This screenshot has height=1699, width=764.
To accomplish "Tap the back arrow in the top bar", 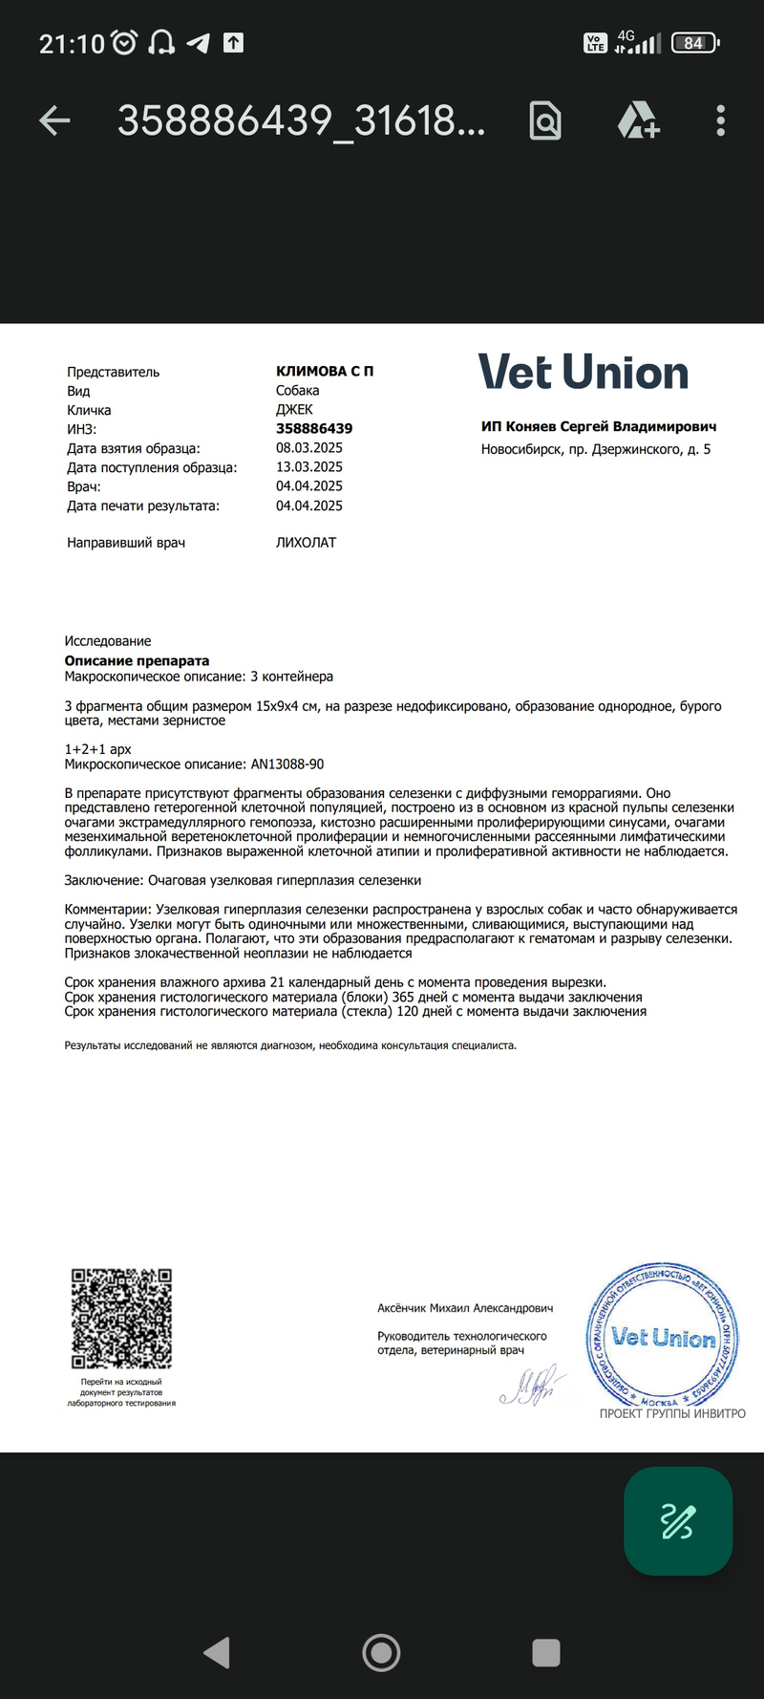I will (55, 120).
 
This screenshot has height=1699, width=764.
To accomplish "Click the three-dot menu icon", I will (720, 120).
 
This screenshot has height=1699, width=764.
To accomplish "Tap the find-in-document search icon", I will (545, 120).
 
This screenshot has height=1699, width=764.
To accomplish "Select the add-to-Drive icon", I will (638, 120).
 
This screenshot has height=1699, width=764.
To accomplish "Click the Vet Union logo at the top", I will (583, 372).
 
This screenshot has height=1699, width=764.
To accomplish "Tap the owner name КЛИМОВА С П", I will (325, 371).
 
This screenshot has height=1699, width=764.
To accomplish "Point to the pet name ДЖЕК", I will (294, 409).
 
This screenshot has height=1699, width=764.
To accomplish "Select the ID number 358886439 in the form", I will (314, 428).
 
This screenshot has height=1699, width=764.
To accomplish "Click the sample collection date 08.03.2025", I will (309, 447).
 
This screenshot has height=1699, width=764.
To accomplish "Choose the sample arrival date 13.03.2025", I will (309, 466).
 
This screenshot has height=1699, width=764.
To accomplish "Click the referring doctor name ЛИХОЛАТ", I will (306, 542).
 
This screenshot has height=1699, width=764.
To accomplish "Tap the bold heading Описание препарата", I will (137, 660).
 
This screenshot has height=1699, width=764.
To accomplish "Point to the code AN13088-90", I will (286, 763).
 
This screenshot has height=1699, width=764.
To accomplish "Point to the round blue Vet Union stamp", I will (663, 1335).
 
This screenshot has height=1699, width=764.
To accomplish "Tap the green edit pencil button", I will (678, 1520).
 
